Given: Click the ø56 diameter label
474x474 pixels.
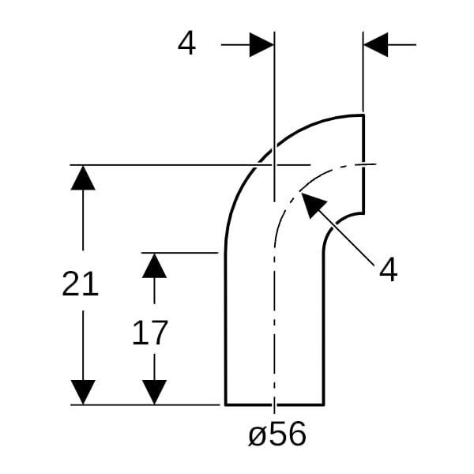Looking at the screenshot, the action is tap(277, 434).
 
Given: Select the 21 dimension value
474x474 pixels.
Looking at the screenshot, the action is tap(80, 284).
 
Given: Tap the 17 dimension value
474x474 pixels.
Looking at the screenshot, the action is tap(150, 333).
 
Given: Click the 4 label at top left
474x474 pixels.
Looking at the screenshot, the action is tap(186, 44).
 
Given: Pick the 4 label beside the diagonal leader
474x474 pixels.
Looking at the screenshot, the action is tap(388, 269).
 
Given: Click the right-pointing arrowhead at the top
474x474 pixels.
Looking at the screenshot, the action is tap(261, 45).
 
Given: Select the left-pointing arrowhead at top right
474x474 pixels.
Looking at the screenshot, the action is tap(376, 45).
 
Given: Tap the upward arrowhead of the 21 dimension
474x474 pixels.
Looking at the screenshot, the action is tap(83, 178).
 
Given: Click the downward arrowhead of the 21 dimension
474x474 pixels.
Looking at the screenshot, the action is tap(83, 392).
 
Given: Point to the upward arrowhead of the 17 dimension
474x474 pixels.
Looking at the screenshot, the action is tap(154, 265).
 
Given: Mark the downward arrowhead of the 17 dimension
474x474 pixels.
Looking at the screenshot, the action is tap(154, 392).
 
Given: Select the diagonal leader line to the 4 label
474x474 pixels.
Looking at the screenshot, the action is tap(337, 230).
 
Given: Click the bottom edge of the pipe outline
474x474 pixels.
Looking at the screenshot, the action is tap(274, 404).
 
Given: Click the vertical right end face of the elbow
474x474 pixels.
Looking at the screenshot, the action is tap(363, 164).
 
